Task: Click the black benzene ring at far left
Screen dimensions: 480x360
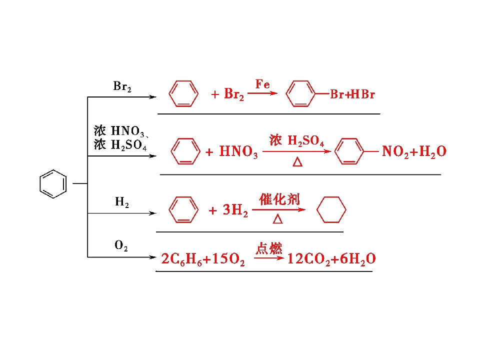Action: click(40, 183)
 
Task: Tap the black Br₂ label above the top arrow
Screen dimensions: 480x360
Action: click(122, 86)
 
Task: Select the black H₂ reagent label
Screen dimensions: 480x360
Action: click(122, 202)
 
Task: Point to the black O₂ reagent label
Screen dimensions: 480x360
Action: click(121, 245)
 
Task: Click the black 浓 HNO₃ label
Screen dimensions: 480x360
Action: click(119, 131)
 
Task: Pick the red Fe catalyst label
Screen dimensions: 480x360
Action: click(262, 84)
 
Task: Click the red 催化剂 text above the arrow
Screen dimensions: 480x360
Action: click(279, 199)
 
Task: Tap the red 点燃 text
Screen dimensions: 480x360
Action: click(269, 248)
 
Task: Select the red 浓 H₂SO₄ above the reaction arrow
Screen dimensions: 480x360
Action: click(296, 140)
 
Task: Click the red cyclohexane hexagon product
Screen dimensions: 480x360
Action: click(317, 209)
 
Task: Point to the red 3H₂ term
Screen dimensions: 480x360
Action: click(235, 210)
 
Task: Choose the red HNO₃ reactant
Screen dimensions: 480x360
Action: click(238, 151)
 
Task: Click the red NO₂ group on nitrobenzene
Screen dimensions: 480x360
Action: click(395, 151)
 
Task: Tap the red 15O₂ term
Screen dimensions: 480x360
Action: click(228, 259)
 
